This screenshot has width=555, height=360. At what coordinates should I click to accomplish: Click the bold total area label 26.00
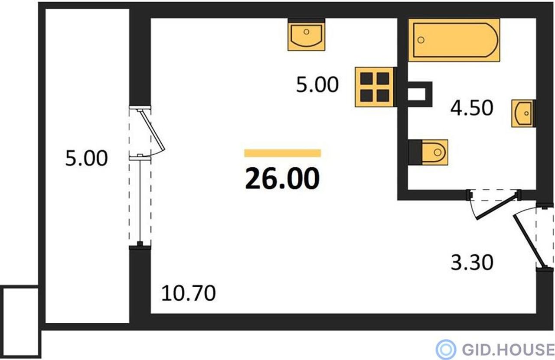coord(282,178)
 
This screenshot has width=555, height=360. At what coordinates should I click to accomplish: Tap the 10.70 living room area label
coord(188,293)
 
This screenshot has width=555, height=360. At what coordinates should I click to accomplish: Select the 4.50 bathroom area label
coord(472,108)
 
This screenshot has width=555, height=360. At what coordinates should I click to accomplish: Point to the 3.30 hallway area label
coord(472,263)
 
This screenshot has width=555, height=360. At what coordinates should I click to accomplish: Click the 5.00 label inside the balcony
coord(86,158)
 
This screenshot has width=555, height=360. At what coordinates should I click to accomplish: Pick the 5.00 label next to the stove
coord(317,84)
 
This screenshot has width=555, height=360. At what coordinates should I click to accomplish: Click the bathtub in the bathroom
coord(454,40)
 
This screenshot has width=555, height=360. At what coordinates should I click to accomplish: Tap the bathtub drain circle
coord(421,40)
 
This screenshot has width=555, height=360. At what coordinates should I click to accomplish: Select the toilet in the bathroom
coord(434,152)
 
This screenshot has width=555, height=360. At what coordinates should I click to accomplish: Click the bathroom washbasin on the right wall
coord(523,114)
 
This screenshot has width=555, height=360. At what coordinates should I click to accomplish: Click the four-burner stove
coord(374,87)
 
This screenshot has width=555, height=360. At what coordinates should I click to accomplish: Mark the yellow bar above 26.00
coord(282,153)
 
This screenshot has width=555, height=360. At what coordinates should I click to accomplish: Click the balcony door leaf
coord(152,130)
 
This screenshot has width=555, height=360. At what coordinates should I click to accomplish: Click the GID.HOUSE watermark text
coord(508,349)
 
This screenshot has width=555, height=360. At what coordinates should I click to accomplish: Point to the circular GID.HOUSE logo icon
coord(446,349)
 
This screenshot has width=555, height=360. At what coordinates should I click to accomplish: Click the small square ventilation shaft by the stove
coord(420,94)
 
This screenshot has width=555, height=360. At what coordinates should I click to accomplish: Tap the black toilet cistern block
coord(415,152)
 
